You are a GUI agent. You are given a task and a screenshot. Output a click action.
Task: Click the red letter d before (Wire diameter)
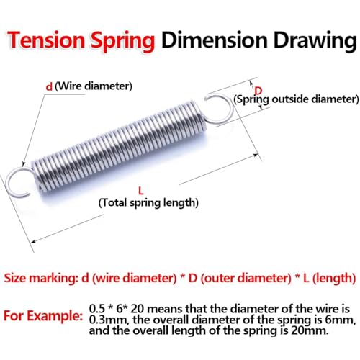point(49,86)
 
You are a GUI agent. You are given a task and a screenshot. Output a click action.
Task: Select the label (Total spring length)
point(148,203)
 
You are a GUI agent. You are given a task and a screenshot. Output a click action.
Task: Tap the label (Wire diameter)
point(94,86)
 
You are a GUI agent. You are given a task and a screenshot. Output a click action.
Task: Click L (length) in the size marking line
point(325,277)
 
